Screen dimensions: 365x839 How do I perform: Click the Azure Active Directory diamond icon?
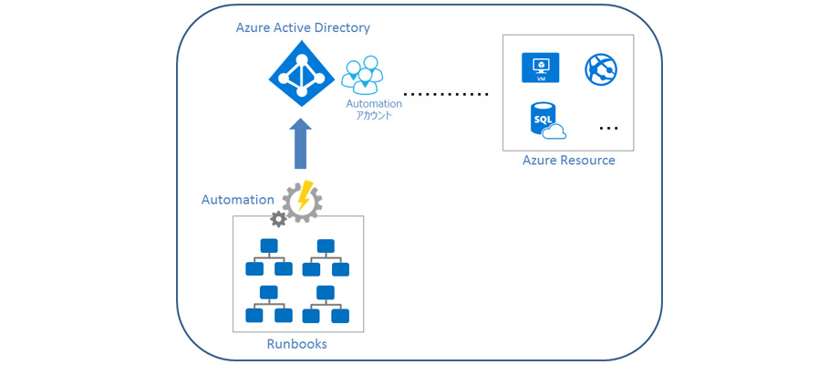coord(301,77)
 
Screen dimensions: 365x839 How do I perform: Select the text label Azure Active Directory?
coord(303,28)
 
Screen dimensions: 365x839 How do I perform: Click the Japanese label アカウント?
coord(374,116)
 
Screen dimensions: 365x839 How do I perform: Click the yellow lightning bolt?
coord(306,194)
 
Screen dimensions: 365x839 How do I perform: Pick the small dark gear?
coord(278,219)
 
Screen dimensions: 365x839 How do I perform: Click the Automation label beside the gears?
coord(238,199)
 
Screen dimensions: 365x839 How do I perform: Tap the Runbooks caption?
coord(296,344)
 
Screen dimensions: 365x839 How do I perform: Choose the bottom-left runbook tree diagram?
coord(269,304)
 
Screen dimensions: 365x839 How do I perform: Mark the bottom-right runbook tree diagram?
coord(326,304)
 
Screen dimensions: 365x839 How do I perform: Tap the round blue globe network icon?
coord(602,68)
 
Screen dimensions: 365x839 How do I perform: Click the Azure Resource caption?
coord(568,161)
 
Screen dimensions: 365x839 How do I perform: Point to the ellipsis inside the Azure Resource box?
coord(608,129)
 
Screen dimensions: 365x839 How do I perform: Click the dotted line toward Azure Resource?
coord(446,94)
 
